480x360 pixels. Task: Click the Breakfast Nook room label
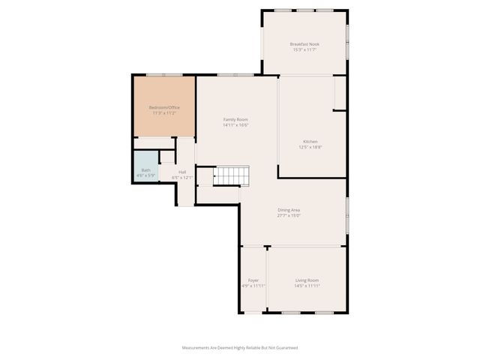304,44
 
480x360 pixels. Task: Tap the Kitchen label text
310,142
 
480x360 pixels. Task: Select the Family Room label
235,119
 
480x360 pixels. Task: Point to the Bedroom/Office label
164,107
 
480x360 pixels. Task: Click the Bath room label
145,170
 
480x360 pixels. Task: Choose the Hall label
182,172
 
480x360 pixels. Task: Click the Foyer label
253,280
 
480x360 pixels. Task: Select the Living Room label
307,280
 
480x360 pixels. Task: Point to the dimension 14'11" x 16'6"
235,125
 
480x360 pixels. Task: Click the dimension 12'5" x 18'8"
310,148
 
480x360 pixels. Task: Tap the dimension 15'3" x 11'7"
304,50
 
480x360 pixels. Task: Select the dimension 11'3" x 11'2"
164,113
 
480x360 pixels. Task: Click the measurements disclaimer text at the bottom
240,348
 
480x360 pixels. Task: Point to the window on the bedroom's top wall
163,74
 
